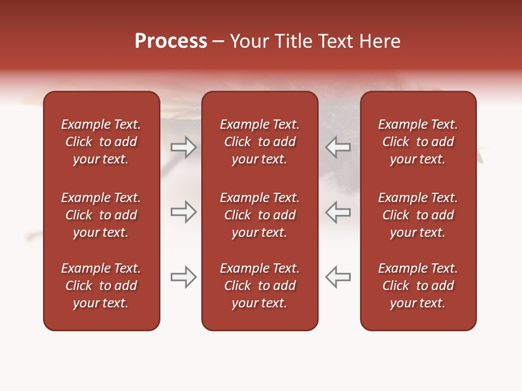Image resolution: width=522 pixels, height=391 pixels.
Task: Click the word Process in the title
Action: click(x=171, y=41)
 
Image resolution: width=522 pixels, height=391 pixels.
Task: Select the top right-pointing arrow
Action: click(x=183, y=147)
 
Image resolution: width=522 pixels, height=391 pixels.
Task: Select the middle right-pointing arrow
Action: click(x=183, y=212)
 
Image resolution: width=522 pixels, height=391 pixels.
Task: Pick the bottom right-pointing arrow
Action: click(x=183, y=277)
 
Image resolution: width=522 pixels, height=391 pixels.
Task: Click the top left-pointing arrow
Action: click(x=338, y=147)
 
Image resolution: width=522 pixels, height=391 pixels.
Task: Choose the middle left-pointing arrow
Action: click(x=338, y=212)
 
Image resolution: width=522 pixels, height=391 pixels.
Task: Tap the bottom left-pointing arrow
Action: click(x=338, y=277)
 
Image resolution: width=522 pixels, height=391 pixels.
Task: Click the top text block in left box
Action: click(x=101, y=142)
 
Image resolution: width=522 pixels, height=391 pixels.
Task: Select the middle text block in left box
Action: click(x=101, y=215)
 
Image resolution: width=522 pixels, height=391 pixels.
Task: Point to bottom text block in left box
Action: click(x=101, y=286)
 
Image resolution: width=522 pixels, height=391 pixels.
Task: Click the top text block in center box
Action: click(x=259, y=142)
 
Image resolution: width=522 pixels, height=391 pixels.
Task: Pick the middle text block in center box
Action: click(x=259, y=215)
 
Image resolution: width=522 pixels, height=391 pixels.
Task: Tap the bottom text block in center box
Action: click(x=259, y=286)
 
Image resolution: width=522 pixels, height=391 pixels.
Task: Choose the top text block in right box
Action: click(x=418, y=142)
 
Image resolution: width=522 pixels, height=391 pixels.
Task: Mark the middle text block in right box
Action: click(x=418, y=215)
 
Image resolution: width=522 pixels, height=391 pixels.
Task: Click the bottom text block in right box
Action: click(x=418, y=286)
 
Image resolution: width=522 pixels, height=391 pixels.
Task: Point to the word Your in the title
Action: click(x=249, y=41)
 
